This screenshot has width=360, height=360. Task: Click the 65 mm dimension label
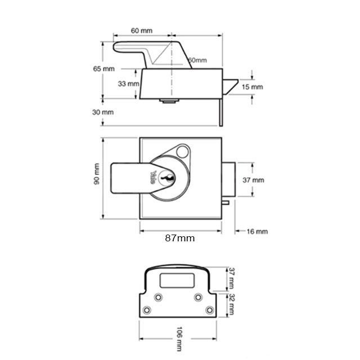[103, 68]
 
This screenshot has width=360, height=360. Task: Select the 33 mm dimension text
[129, 83]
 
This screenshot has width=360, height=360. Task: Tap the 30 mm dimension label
[103, 112]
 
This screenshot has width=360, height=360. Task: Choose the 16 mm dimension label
[258, 231]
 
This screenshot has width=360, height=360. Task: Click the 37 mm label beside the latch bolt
[253, 180]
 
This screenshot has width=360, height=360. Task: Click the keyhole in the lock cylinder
[167, 178]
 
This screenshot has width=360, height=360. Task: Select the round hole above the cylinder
[182, 151]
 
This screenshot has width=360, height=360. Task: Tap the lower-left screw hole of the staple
[147, 310]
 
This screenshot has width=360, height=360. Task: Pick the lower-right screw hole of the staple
[210, 310]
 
